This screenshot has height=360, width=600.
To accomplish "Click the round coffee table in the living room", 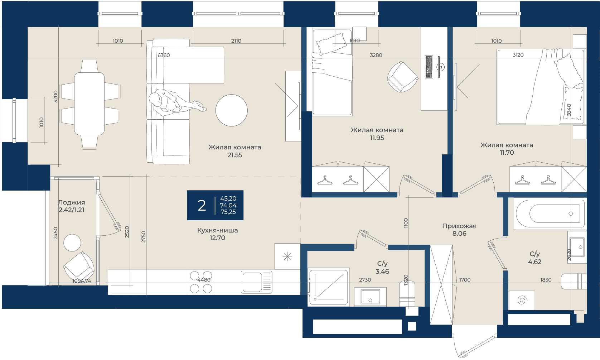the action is tap(231, 110).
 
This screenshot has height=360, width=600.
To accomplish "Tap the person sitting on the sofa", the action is tap(174, 103).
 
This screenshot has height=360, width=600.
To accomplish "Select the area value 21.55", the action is tap(234, 155).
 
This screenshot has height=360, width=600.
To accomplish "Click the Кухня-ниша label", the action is tap(217, 230).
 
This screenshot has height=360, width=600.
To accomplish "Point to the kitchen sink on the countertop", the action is tap(256, 282).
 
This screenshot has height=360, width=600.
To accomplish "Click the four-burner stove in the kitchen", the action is tap(201, 282).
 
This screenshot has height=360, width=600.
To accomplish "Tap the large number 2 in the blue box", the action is tap(202, 206).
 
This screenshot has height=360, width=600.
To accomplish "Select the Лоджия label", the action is tap(71, 203).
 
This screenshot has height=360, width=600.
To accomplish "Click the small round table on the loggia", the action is tap(72, 243).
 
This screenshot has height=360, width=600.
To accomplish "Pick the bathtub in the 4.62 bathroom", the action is tap(550, 214).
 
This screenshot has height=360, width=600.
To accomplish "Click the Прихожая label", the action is tap(459, 226).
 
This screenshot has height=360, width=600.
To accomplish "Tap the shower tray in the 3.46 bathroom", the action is tap(329, 287).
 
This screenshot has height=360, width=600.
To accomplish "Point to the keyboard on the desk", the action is tap(429, 67).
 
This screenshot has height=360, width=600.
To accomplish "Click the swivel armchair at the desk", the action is tap(402, 77).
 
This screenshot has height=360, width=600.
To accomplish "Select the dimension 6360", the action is tap(163, 55).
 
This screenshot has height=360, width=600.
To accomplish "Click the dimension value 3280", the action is tap(376, 55).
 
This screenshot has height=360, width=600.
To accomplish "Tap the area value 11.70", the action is tap(507, 153).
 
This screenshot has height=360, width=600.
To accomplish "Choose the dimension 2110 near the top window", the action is tap(236, 41).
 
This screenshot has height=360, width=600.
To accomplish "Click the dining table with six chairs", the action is tap(89, 104).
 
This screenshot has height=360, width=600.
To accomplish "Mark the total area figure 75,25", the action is tap(228, 212).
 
